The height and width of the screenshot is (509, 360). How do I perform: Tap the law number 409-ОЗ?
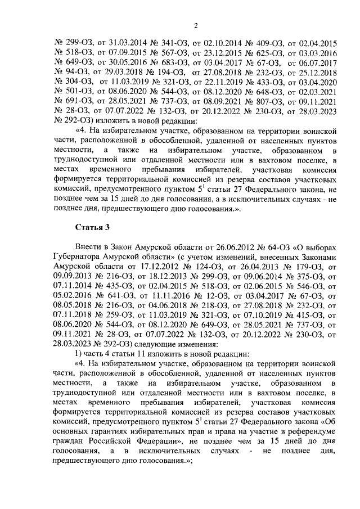(x=262, y=43)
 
